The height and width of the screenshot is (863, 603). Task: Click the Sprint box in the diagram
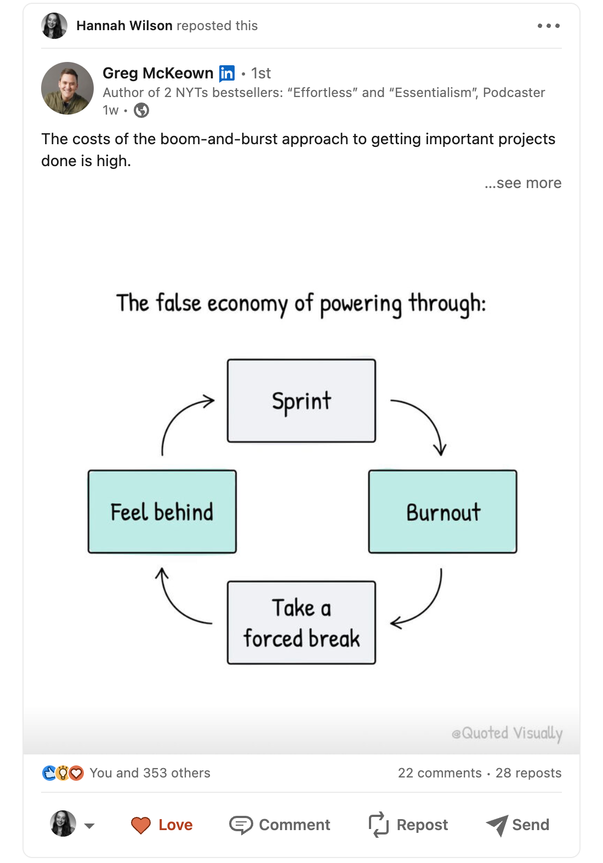pyautogui.click(x=301, y=401)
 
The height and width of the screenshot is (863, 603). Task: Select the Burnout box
pyautogui.click(x=442, y=512)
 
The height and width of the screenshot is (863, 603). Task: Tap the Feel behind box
pyautogui.click(x=162, y=512)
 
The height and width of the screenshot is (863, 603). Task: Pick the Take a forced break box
pyautogui.click(x=301, y=623)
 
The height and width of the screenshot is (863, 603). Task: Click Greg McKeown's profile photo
pyautogui.click(x=67, y=88)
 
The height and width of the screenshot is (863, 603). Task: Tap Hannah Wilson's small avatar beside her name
pyautogui.click(x=54, y=26)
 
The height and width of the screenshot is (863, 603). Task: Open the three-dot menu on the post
pyautogui.click(x=549, y=26)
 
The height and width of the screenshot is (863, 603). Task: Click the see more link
pyautogui.click(x=523, y=183)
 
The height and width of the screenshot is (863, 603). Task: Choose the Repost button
pyautogui.click(x=408, y=825)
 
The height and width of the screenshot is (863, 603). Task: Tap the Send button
pyautogui.click(x=517, y=825)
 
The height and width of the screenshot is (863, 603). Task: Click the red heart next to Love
pyautogui.click(x=141, y=825)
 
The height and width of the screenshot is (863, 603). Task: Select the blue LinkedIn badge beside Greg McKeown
pyautogui.click(x=227, y=73)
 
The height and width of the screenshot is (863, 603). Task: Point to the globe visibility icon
pyautogui.click(x=141, y=111)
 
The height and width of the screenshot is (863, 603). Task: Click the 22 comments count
pyautogui.click(x=440, y=773)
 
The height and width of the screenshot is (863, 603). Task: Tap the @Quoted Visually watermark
pyautogui.click(x=507, y=733)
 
